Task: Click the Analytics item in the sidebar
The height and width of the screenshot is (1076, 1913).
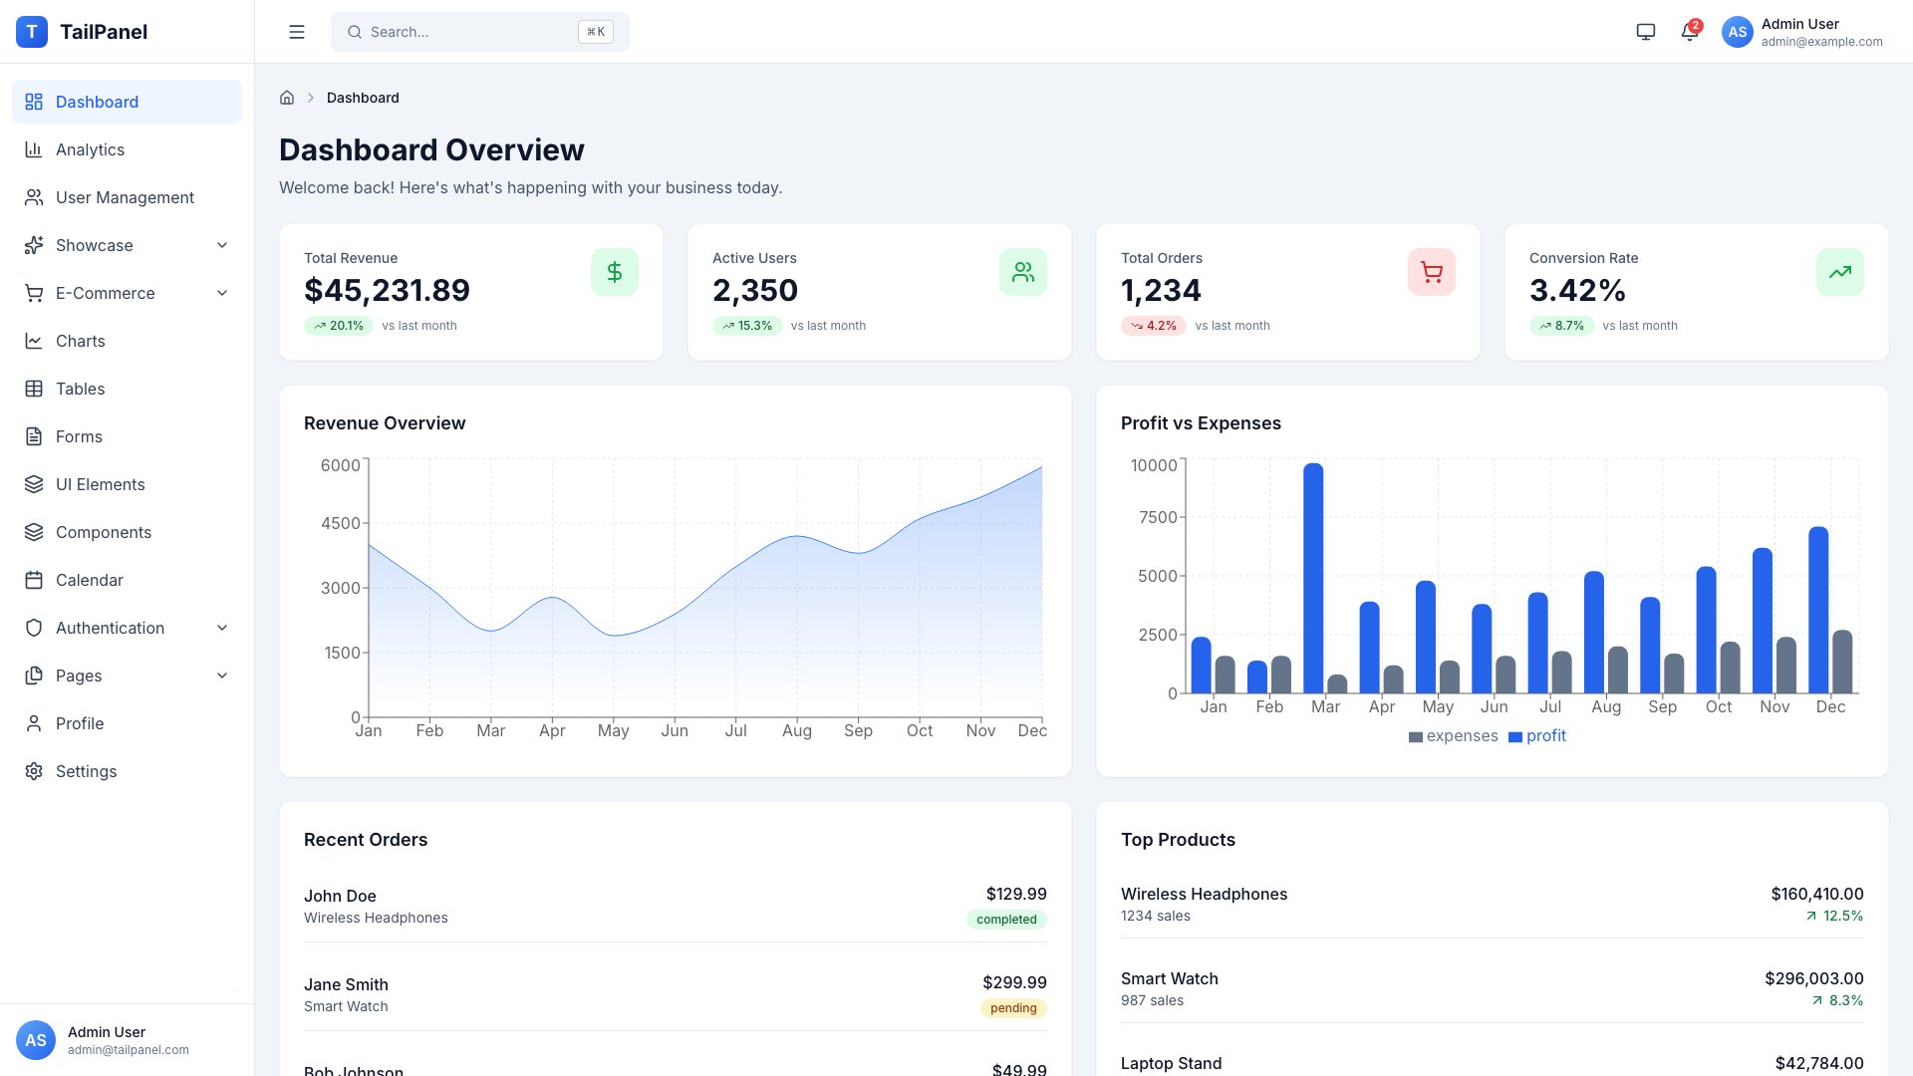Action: (x=90, y=149)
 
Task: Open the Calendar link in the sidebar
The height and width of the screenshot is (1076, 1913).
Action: (x=89, y=580)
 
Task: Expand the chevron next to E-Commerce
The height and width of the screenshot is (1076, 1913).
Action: (x=222, y=293)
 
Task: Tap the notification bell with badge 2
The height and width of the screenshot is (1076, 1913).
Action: (x=1689, y=32)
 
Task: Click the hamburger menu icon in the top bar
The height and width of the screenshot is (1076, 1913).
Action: (x=297, y=32)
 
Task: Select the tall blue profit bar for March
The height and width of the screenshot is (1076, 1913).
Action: (x=1313, y=578)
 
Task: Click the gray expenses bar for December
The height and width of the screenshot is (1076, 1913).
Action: (x=1842, y=662)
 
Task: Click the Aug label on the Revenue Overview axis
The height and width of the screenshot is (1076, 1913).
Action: (x=796, y=730)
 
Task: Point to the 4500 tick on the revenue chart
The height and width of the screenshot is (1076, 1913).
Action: (x=341, y=523)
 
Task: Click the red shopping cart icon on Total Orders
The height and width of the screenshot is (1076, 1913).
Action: (x=1431, y=272)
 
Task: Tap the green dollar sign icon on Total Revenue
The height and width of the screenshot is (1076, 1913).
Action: (x=614, y=272)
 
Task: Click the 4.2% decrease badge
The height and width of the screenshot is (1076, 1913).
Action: (x=1153, y=326)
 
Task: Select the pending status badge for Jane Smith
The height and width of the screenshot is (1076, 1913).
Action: (x=1013, y=1008)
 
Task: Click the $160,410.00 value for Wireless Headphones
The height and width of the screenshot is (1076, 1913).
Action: (x=1816, y=894)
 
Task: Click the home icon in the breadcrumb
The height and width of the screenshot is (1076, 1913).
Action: (x=287, y=98)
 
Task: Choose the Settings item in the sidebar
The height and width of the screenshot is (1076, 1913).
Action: (x=86, y=771)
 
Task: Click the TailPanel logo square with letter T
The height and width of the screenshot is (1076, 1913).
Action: (x=32, y=32)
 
